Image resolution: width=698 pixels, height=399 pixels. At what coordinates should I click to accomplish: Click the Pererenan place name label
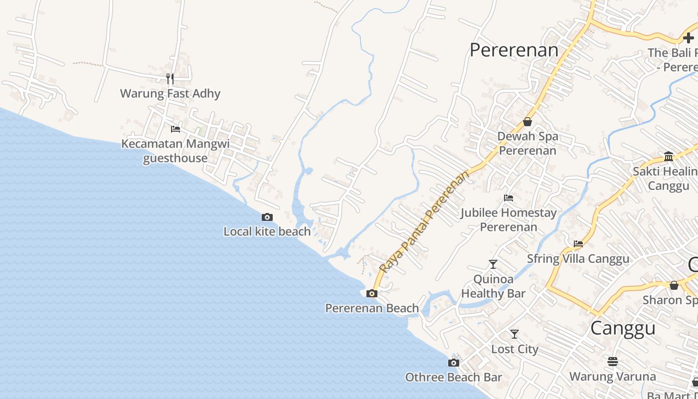tap(514, 50)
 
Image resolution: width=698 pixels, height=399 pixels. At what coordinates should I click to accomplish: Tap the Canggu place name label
tap(623, 329)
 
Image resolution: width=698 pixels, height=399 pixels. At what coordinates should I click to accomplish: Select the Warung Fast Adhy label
tap(170, 93)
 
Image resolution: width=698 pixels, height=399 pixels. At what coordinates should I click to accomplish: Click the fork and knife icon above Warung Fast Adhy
tap(170, 78)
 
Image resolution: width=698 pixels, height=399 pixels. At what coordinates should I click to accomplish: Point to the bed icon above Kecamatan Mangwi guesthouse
tap(175, 129)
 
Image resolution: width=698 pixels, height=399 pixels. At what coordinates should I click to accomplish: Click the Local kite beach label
tap(267, 231)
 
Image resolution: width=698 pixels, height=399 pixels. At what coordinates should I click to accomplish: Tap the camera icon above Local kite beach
tap(267, 217)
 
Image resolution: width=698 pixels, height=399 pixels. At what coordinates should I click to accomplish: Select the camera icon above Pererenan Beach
tap(372, 293)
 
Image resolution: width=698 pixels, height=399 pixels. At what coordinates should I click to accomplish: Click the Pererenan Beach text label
tap(372, 308)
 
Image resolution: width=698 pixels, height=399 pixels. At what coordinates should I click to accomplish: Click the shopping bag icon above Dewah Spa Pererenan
tap(527, 122)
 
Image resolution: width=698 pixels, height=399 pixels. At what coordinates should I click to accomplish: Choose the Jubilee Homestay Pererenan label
tap(509, 220)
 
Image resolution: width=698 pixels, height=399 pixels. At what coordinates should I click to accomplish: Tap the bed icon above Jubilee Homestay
tap(509, 198)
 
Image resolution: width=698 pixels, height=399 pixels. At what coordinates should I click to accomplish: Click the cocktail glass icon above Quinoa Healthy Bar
tap(493, 264)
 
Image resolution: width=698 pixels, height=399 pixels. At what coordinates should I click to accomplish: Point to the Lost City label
tap(515, 349)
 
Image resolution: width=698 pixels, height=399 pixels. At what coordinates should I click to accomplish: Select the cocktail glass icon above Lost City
tap(515, 334)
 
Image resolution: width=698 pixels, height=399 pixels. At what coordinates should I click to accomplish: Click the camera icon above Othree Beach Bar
tap(454, 363)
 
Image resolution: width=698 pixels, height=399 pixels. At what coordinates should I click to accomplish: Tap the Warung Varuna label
tap(613, 376)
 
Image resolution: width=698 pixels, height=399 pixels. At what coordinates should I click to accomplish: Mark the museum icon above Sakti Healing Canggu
tap(669, 157)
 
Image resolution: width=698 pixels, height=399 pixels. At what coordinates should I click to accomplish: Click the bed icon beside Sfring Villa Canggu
tap(578, 244)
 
